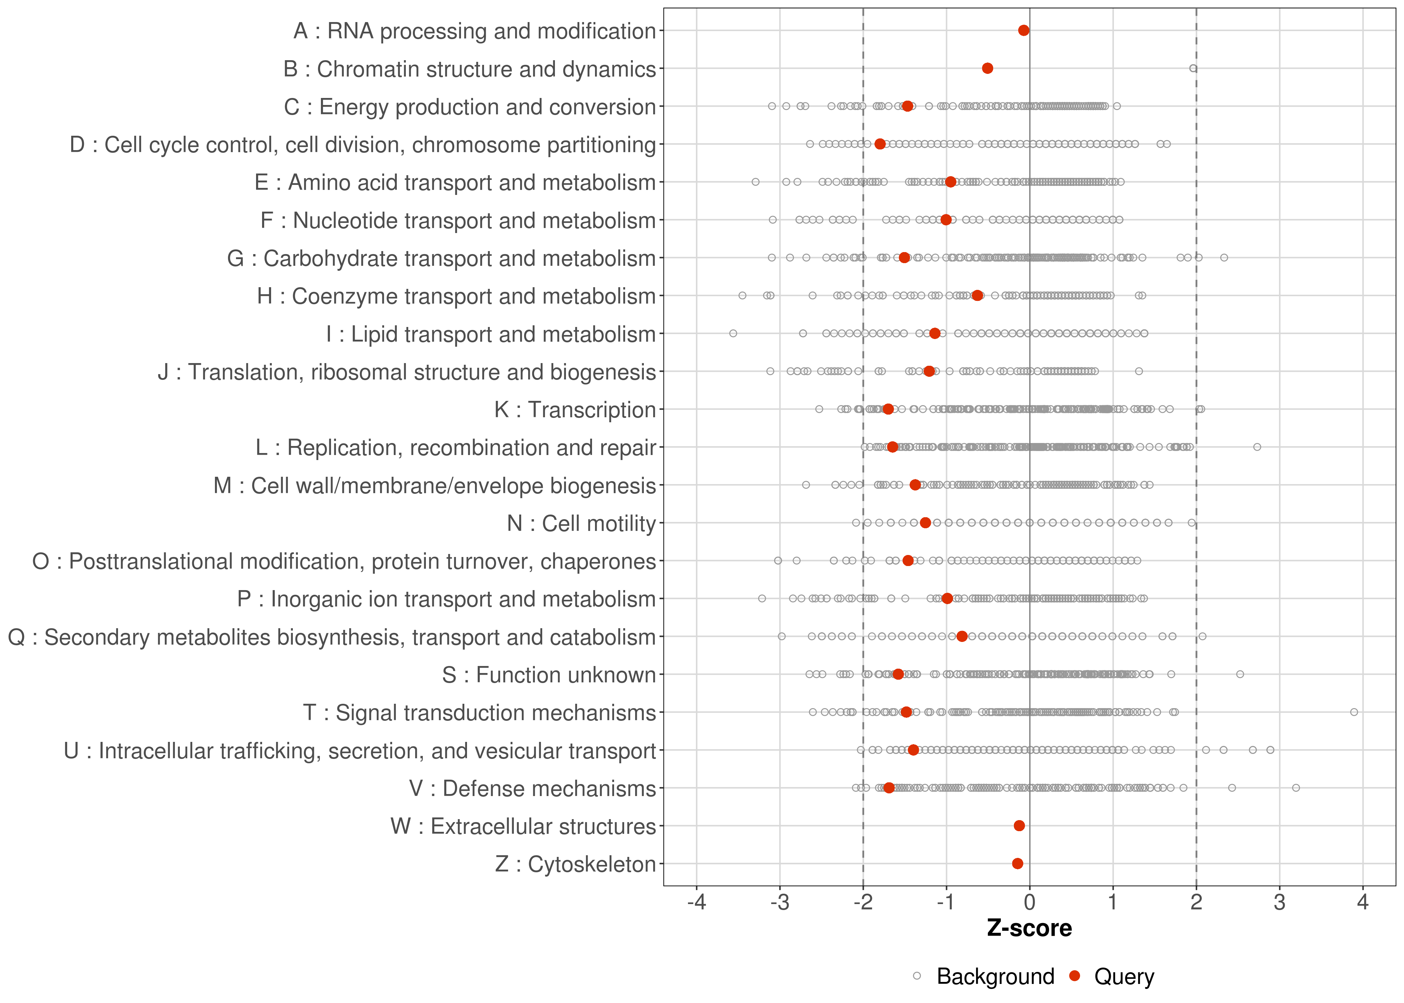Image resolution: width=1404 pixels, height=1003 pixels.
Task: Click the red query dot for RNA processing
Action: coord(1024,30)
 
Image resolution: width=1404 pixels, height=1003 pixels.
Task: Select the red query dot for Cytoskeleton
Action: coord(1018,864)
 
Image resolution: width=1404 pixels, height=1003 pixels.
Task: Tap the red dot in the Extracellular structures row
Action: coord(1019,826)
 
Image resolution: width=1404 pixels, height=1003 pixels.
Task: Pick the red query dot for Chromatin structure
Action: coord(987,68)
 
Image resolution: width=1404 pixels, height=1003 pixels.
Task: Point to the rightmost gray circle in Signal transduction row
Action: coord(1354,712)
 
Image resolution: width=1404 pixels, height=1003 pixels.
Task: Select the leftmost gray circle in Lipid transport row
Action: coord(733,334)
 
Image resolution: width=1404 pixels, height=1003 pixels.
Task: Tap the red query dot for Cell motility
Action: coord(925,523)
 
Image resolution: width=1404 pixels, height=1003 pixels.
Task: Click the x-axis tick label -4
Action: coord(696,902)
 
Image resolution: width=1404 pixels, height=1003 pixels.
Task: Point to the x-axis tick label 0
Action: coord(1029,902)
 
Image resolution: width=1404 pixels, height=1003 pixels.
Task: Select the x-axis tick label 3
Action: coord(1279,902)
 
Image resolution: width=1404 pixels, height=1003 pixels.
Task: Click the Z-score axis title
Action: coord(1029,928)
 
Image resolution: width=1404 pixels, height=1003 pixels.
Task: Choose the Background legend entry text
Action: coord(995,977)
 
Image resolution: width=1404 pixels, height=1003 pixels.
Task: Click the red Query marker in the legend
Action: coord(1075,976)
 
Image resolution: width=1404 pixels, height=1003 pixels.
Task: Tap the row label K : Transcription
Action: coord(575,410)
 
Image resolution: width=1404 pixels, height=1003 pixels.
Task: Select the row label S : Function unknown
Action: coord(549,674)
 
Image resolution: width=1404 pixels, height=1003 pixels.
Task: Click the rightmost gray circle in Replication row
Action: coord(1257,447)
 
